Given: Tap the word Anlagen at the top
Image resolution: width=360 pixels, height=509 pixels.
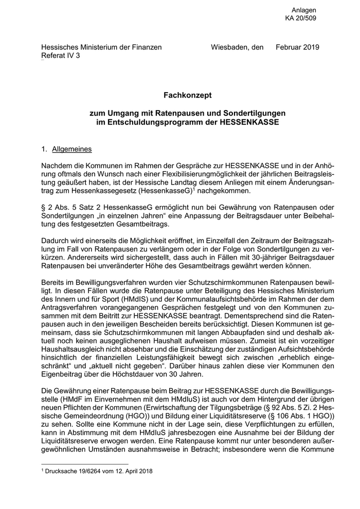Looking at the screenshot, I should click(x=304, y=10).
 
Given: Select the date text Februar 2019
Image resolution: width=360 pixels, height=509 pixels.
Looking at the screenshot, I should click(x=297, y=47).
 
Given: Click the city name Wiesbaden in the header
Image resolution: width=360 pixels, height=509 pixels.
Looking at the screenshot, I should click(x=230, y=47).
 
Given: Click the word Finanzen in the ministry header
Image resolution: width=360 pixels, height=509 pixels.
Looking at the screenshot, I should click(x=147, y=47).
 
